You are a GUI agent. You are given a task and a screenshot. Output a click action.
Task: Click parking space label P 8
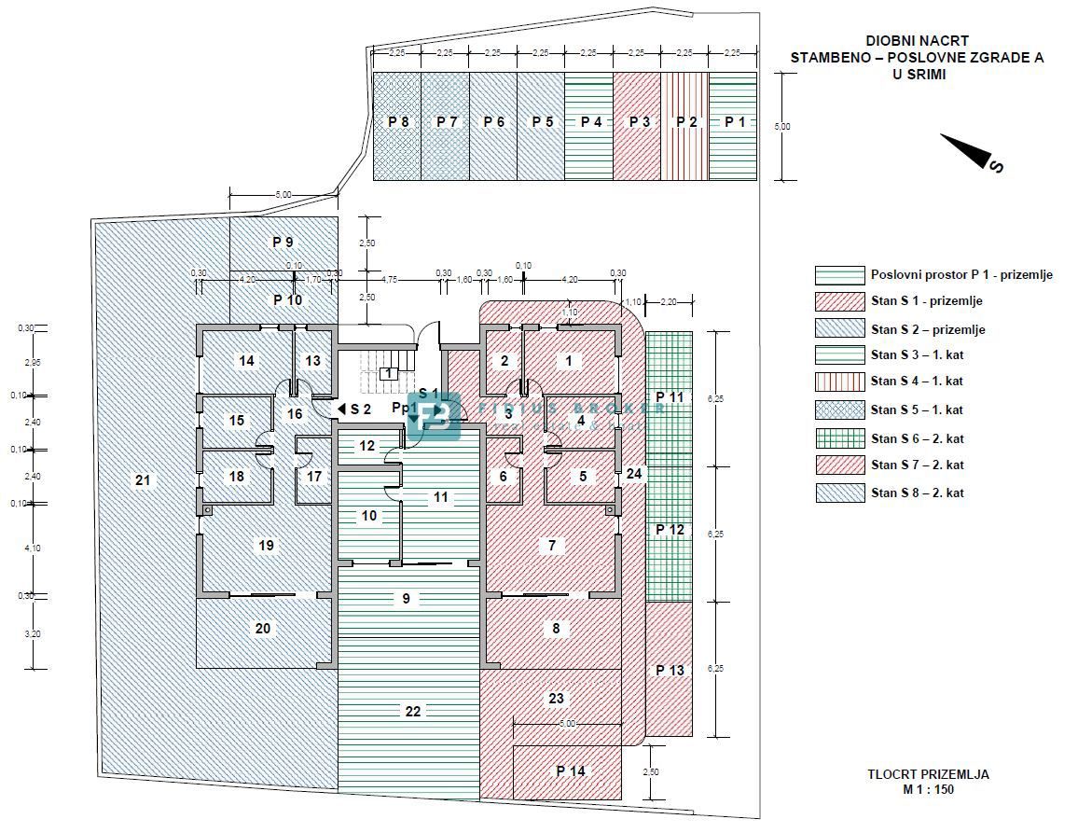coord(398,122)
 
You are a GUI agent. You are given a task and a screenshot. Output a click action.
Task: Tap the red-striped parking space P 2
coord(686,122)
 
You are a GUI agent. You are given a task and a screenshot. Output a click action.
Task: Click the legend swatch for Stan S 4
coord(839,382)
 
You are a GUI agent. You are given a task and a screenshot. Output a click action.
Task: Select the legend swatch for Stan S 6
coord(839,437)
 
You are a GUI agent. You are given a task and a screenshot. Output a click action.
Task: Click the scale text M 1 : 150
coord(927,789)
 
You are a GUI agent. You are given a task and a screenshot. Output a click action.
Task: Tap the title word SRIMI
coord(918,74)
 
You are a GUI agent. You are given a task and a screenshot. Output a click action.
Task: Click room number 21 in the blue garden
coord(143,480)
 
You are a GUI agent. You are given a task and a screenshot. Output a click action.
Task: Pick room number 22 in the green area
coord(413,711)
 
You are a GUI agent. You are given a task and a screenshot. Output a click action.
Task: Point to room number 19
coord(267,545)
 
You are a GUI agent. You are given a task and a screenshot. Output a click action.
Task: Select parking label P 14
coord(571,771)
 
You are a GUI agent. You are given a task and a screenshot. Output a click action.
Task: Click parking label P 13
coord(670,670)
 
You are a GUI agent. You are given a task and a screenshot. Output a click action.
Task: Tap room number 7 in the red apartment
coord(552,545)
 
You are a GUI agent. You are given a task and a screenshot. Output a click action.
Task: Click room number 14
coord(246,360)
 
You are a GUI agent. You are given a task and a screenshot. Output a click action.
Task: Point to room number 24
coord(634,473)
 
